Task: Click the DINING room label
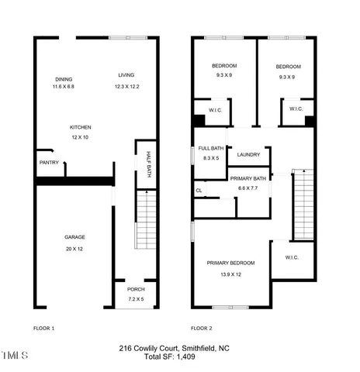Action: (x=63, y=79)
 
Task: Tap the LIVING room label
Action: (x=126, y=75)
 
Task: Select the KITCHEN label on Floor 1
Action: (x=81, y=127)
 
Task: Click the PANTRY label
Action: (x=49, y=162)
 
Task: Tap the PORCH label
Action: (x=136, y=290)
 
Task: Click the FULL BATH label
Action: (x=210, y=148)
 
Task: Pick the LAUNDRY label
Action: (x=248, y=154)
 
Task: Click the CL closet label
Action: (x=199, y=190)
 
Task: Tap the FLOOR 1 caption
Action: (x=43, y=328)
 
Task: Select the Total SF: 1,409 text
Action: (x=179, y=356)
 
